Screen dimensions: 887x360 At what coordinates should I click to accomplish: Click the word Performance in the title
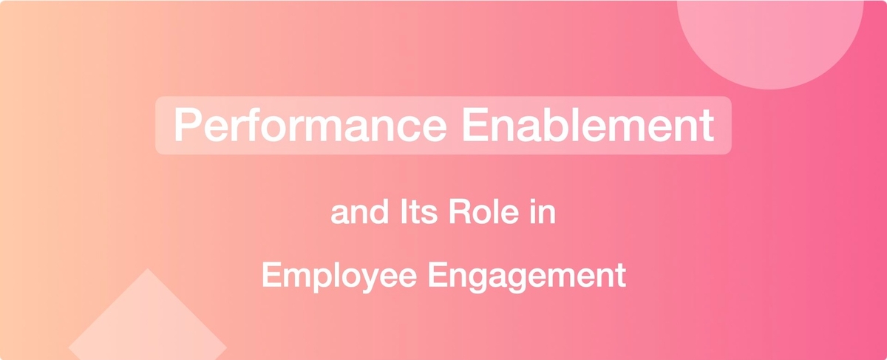[x=310, y=124]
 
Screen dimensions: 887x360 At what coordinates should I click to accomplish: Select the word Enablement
[x=588, y=124]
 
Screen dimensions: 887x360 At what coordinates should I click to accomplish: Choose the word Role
[x=483, y=212]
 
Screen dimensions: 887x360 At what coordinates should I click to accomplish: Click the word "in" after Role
[x=543, y=212]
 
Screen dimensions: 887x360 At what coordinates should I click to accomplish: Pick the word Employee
[x=339, y=276]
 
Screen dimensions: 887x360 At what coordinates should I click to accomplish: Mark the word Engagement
[x=527, y=276]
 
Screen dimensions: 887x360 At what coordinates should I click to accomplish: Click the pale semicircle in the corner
[x=769, y=40]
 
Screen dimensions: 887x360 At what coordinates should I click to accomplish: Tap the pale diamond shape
[x=148, y=317]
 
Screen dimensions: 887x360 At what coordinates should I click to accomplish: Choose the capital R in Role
[x=460, y=212]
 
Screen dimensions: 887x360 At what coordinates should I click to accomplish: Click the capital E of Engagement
[x=437, y=275]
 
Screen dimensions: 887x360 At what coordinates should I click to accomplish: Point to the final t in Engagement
[x=622, y=276]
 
